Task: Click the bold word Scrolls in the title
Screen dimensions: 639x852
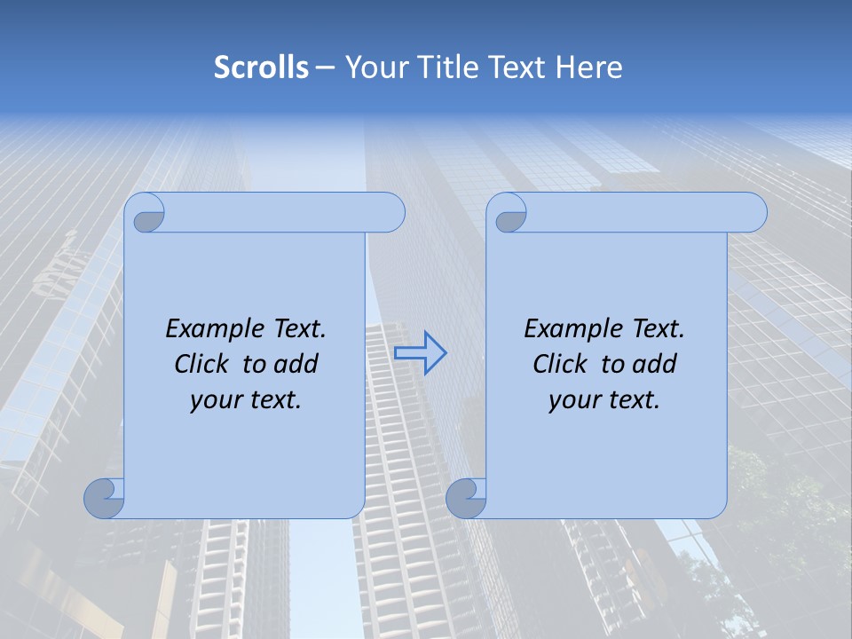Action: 261,67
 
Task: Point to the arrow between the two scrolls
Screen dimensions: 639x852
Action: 420,353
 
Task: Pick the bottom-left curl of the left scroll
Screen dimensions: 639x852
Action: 104,498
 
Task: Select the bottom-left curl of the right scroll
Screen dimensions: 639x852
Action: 465,498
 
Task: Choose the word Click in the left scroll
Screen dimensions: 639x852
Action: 201,365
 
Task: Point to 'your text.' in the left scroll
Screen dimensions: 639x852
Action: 245,400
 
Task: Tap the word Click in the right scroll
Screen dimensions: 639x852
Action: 559,365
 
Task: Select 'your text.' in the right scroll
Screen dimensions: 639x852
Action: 603,400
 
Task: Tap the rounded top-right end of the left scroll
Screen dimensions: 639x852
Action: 390,213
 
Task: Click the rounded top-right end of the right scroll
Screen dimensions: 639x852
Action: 753,213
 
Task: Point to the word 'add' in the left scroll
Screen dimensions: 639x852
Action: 297,365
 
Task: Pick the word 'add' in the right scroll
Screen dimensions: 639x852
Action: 656,365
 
